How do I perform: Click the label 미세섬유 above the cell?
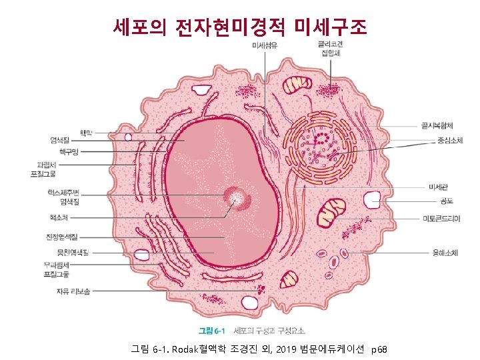(265, 45)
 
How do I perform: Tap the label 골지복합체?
(437, 125)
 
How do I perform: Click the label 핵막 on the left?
(87, 132)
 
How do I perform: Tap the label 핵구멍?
(69, 152)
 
